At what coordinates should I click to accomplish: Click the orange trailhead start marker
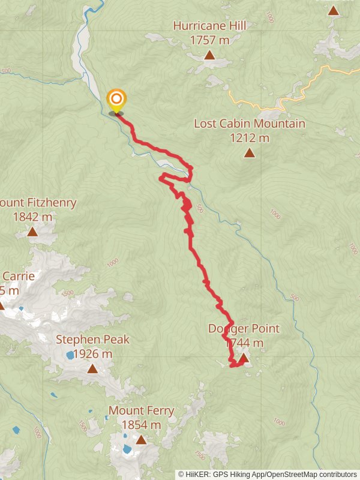pos(116,100)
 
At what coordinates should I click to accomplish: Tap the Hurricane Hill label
pos(209,26)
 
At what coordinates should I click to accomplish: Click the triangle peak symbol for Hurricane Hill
pos(209,56)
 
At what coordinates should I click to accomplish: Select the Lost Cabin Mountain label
pos(249,124)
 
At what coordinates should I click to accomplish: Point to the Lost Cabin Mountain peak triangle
pos(249,153)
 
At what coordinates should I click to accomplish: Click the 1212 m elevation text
pos(249,138)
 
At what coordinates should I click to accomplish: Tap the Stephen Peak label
pos(92,340)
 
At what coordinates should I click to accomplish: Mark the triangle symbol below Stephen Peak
pos(92,368)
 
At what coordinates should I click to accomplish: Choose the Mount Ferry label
pos(141,411)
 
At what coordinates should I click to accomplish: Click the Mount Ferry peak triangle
pos(141,440)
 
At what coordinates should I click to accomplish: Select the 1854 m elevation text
pos(141,425)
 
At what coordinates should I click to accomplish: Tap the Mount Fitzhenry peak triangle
pos(32,232)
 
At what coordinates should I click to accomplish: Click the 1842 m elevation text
pos(32,217)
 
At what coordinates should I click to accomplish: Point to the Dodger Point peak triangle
pos(244,358)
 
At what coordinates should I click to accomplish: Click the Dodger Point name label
pos(244,329)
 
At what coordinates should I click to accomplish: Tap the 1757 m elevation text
pos(209,40)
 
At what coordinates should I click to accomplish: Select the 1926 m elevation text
pos(92,353)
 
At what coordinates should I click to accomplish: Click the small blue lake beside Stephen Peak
pos(70,355)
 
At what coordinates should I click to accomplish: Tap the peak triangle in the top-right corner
pos(333,10)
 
